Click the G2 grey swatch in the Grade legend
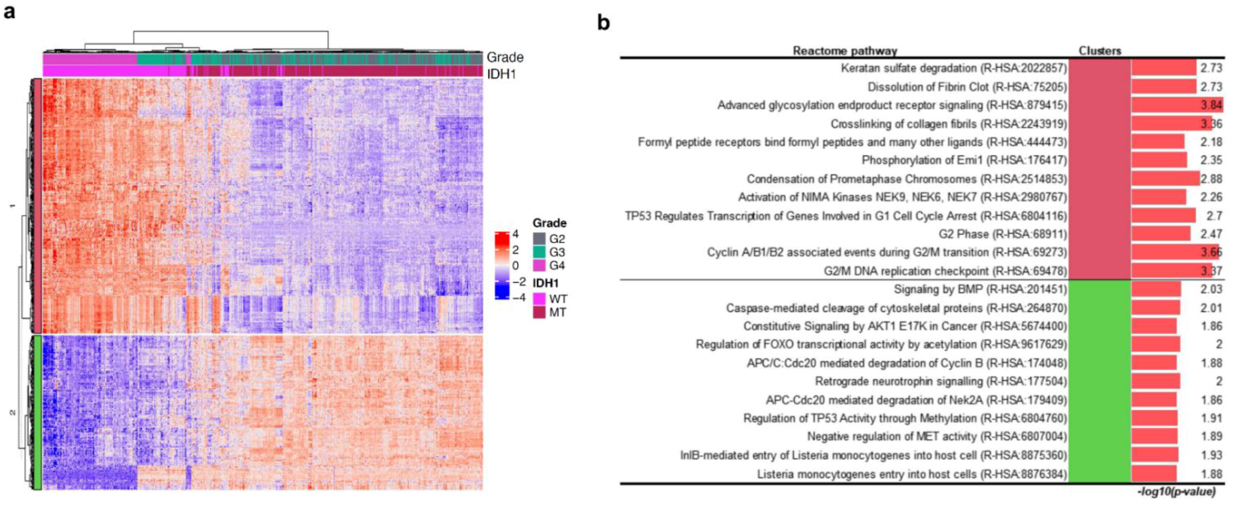coord(539,238)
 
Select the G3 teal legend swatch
coord(539,252)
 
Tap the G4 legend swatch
coord(539,265)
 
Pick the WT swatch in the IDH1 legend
coord(539,299)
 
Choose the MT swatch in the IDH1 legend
coord(539,313)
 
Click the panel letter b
coord(603,22)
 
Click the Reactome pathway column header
coord(845,51)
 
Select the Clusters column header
coord(1099,51)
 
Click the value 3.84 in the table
coord(1211,105)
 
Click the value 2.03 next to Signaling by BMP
coord(1211,289)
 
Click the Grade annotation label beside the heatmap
coord(505,57)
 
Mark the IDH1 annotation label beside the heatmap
coord(501,74)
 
